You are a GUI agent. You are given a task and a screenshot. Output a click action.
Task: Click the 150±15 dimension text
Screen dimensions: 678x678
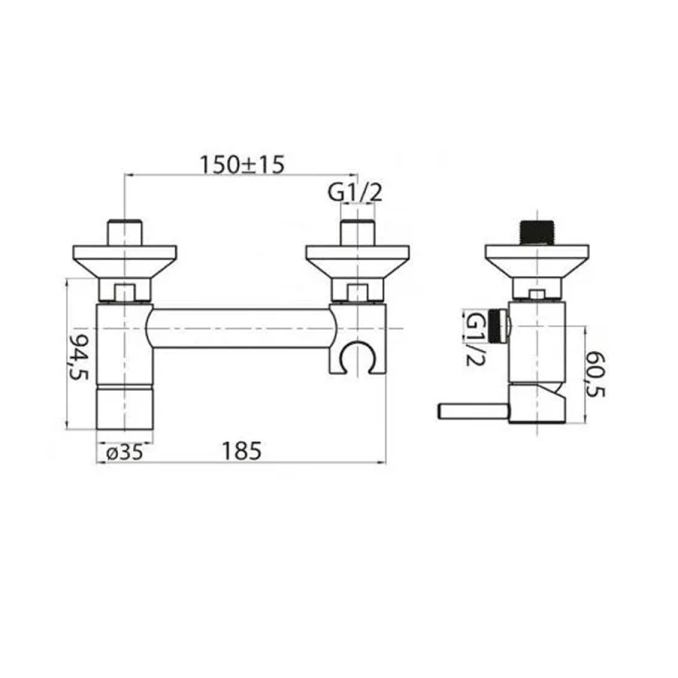[242, 164]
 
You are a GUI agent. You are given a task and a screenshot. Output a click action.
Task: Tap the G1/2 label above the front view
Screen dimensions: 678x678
[355, 193]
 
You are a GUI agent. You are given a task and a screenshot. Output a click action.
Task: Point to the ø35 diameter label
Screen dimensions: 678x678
[124, 453]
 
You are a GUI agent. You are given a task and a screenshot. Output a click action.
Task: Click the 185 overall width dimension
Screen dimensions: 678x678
[242, 450]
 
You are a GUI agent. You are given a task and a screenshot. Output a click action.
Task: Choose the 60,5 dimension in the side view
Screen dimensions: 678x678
[595, 375]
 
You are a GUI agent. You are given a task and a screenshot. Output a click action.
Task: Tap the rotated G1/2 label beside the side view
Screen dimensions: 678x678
[475, 340]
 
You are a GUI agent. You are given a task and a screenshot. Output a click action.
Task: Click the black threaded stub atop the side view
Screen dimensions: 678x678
[536, 232]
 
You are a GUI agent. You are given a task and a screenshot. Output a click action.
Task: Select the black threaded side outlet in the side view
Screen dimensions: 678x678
[498, 327]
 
